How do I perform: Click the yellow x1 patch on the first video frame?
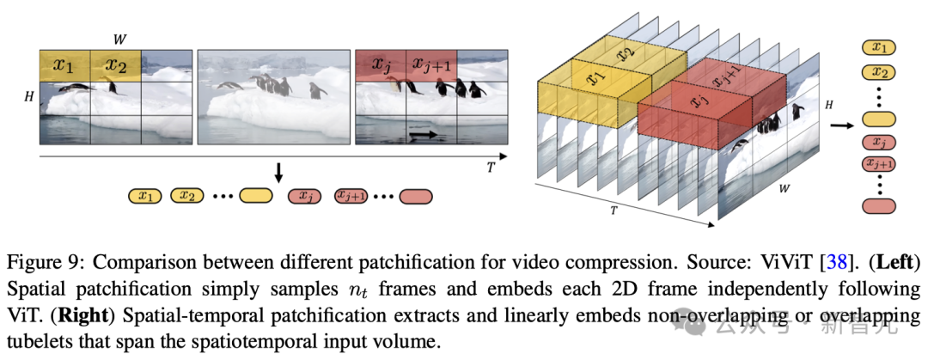64,65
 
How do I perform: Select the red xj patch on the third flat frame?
380,65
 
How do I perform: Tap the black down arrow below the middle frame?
278,173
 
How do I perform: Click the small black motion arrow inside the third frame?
422,135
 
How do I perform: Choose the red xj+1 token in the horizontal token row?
350,197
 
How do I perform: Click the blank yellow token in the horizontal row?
254,197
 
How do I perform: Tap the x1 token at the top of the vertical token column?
879,48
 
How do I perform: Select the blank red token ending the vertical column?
879,206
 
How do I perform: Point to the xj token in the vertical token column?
879,143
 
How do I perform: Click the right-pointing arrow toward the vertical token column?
839,125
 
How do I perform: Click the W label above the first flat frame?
119,39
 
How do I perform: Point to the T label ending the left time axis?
491,168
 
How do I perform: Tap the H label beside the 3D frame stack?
829,104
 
